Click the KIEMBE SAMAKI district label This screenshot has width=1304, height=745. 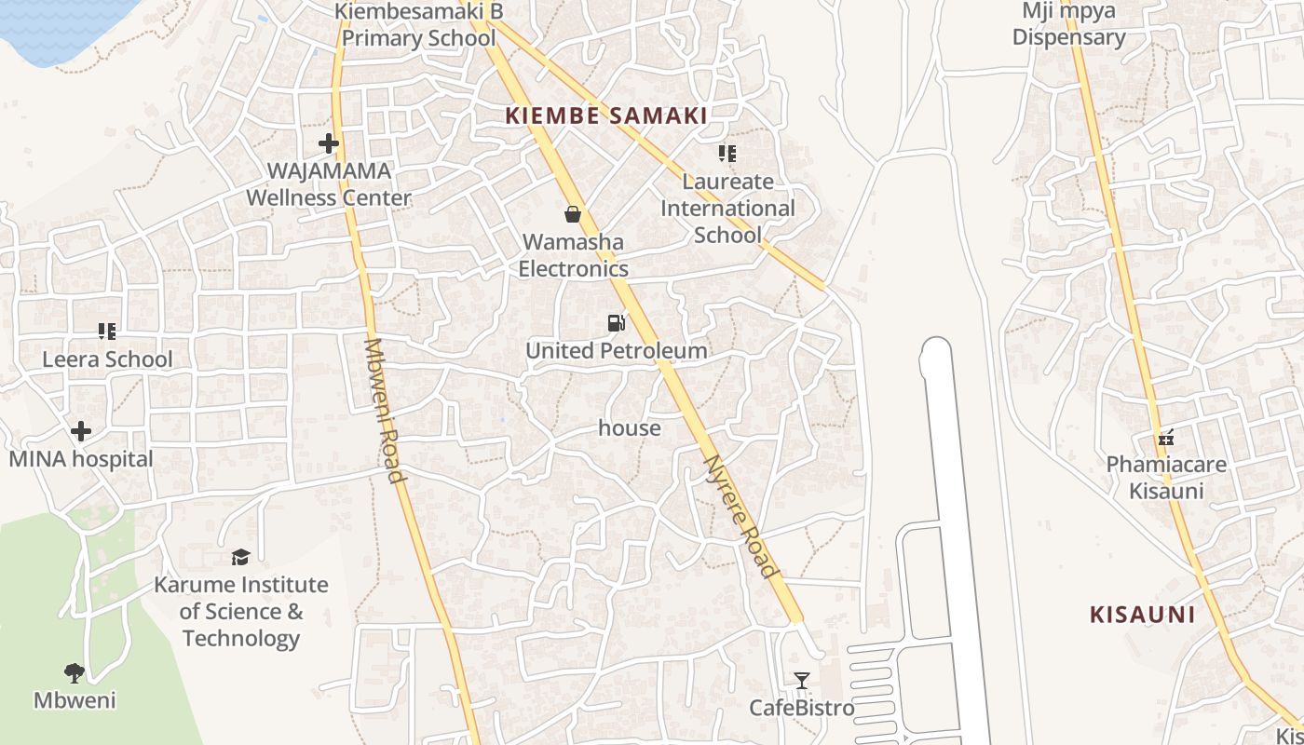point(605,116)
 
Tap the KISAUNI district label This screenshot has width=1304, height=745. point(1142,615)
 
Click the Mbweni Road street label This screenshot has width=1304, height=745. point(384,410)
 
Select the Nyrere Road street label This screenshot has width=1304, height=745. point(740,516)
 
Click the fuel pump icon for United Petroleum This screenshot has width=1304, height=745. point(616,323)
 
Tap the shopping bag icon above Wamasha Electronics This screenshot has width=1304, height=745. point(573,214)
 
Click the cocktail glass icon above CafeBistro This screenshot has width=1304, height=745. point(801,681)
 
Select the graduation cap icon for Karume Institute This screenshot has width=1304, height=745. point(241,557)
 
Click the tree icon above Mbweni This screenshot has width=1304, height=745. point(75,672)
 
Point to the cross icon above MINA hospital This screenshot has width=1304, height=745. point(81,431)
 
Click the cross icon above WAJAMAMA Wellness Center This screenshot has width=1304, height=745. point(328,143)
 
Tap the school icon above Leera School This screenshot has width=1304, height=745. point(107,332)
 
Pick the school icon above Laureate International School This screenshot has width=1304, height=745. point(727,154)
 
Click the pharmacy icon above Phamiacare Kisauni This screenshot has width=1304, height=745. point(1165,438)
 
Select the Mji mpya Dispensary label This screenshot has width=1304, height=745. point(1068,24)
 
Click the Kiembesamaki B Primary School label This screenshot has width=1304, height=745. point(418,25)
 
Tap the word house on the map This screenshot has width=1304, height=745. point(630,428)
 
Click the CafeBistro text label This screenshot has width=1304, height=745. point(801,708)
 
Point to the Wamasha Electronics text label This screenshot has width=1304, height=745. point(573,255)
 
